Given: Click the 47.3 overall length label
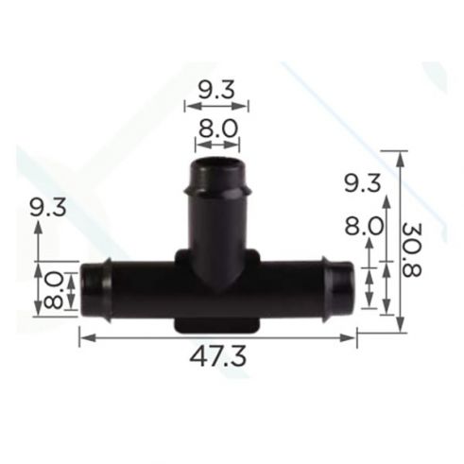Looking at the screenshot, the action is [x=217, y=357].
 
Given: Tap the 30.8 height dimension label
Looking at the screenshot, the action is [x=412, y=249].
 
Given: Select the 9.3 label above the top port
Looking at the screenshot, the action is [x=216, y=90].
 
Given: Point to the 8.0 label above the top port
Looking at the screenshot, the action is [x=217, y=129].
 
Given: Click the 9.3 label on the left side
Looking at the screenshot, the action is [x=48, y=208].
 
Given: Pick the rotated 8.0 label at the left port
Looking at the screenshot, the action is [x=53, y=290].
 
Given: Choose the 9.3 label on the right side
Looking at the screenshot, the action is [x=362, y=183].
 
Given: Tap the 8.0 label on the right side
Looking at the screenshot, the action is [x=364, y=226].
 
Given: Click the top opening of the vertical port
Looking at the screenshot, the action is [x=217, y=164].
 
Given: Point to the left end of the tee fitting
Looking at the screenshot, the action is [x=81, y=289].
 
